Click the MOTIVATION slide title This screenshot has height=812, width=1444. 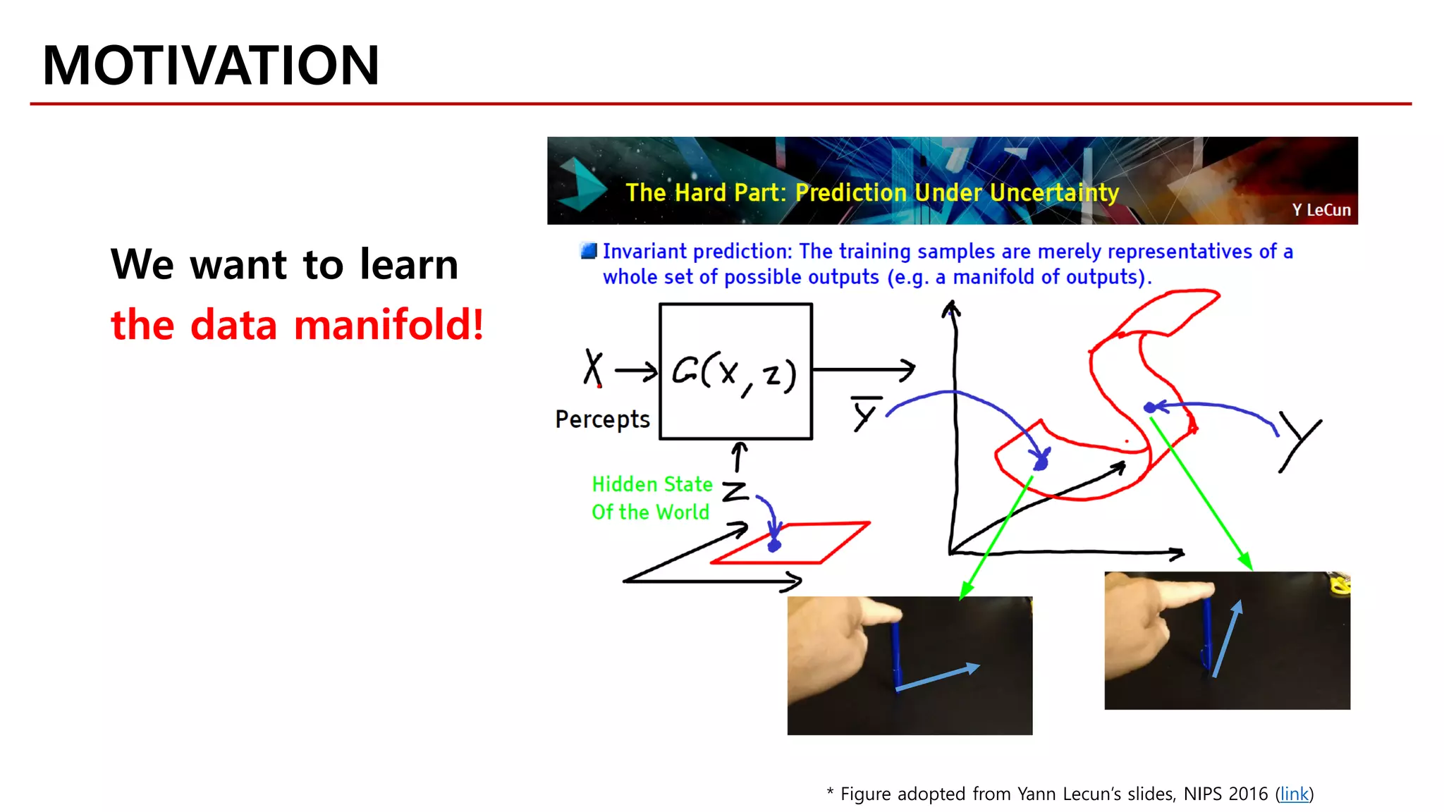(210, 66)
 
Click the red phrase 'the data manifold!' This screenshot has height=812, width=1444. (297, 325)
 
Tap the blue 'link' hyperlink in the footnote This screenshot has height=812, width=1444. (1294, 794)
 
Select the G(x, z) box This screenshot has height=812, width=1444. (735, 371)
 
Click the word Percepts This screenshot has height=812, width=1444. (602, 419)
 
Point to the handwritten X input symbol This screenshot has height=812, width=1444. (593, 367)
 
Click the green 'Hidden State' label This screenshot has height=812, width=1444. (651, 484)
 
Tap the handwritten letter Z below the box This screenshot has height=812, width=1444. (735, 491)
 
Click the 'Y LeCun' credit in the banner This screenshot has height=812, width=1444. (1321, 210)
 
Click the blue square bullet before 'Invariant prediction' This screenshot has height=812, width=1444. (588, 251)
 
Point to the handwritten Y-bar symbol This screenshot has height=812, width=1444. (865, 413)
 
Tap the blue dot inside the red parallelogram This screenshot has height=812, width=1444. (774, 545)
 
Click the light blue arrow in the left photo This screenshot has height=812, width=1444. (937, 676)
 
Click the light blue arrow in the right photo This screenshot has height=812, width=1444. (1227, 639)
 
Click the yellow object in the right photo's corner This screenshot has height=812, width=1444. (1339, 583)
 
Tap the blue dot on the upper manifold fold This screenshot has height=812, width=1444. (1150, 407)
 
